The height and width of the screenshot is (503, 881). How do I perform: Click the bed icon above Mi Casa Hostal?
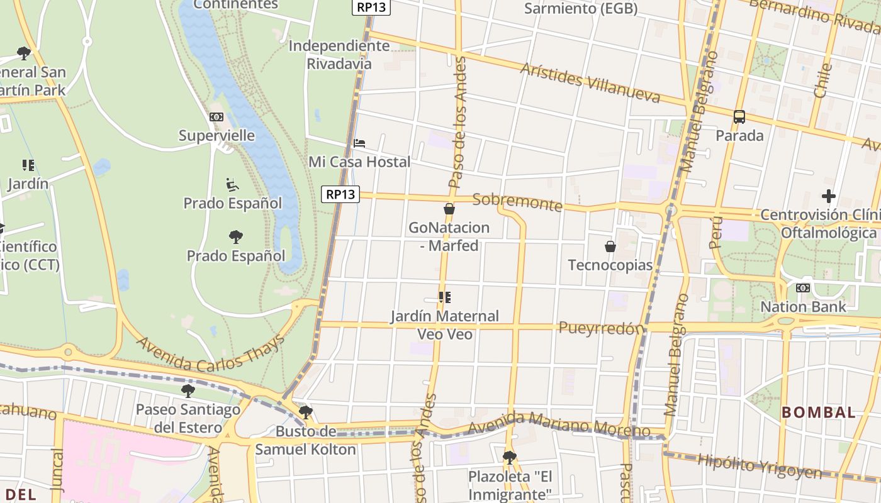359,143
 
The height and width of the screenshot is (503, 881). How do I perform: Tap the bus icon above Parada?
739,117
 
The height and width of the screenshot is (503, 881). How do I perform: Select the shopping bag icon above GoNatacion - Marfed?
449,209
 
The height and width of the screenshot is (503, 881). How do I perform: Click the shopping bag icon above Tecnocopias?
610,246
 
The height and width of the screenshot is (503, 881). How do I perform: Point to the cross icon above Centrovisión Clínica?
829,196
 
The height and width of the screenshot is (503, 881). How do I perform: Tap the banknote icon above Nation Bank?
802,288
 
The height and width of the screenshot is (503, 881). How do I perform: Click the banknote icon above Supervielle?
216,117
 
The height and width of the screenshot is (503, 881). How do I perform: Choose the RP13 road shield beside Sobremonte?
340,194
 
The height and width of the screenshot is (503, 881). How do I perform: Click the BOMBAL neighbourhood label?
819,412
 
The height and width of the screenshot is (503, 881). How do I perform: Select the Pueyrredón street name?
602,328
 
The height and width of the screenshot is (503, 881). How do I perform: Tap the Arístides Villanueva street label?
590,82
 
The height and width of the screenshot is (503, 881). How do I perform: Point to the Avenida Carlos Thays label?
211,353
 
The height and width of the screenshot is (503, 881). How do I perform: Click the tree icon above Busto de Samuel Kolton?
306,412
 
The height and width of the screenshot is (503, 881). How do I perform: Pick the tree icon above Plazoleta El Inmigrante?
510,457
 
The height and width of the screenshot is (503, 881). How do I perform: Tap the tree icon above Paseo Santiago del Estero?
188,390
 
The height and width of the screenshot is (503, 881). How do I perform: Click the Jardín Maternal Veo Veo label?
445,324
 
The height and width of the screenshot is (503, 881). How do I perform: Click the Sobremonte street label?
517,202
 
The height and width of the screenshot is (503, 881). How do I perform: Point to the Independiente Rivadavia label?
339,55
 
